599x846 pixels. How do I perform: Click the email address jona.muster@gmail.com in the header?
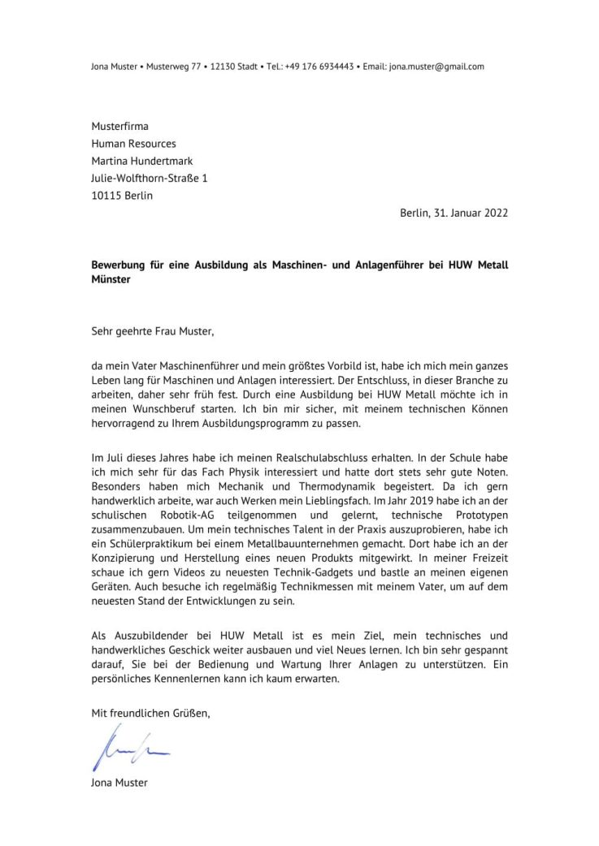(436, 67)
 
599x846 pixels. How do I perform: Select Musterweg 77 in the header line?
(176, 67)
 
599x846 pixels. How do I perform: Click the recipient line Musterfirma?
(119, 126)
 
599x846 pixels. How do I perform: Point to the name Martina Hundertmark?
(141, 161)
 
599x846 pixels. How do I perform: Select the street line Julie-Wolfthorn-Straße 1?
(149, 178)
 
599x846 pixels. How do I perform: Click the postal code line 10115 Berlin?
(122, 196)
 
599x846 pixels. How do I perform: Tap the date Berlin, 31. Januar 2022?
(454, 213)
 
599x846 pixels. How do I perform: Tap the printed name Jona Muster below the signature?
(119, 783)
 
